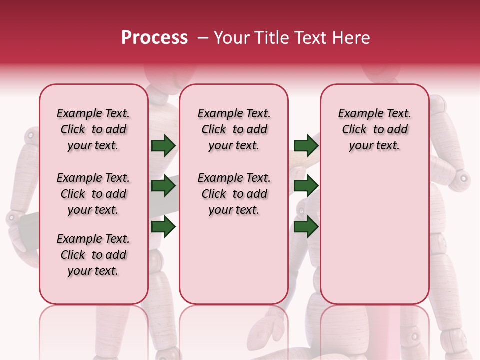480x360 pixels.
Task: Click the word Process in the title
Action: click(154, 38)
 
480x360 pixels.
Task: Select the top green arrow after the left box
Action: click(163, 145)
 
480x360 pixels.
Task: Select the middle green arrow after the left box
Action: click(163, 186)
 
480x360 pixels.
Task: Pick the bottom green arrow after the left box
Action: click(163, 227)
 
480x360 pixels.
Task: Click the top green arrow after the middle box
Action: click(306, 145)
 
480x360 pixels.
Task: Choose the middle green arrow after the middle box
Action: click(306, 186)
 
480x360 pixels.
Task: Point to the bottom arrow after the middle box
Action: click(306, 227)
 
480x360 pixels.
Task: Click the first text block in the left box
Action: click(93, 129)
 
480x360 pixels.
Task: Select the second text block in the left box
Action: click(93, 194)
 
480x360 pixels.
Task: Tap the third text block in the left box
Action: click(93, 255)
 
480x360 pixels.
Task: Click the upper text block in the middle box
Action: click(234, 129)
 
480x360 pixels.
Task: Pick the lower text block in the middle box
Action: click(234, 194)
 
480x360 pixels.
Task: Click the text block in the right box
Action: click(374, 129)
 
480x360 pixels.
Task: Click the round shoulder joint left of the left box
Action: click(31, 135)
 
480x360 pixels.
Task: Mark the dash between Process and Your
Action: click(203, 38)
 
